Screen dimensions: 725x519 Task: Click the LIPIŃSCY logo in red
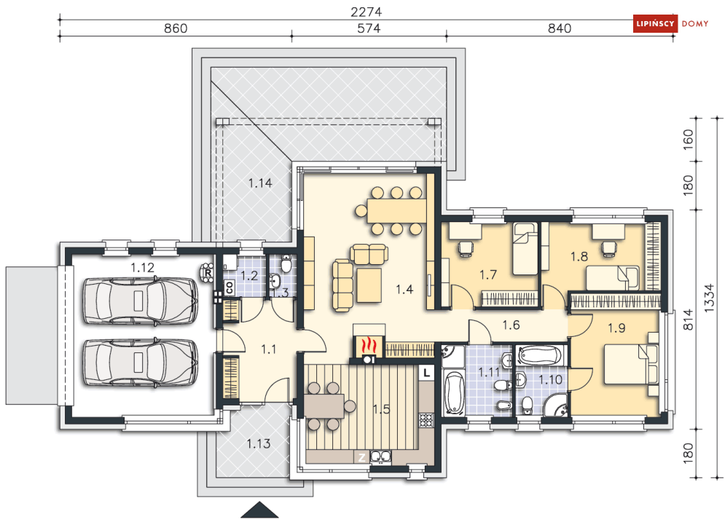[x=654, y=23]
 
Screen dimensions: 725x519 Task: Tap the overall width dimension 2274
[x=367, y=12]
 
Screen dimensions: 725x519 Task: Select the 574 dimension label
[x=369, y=28]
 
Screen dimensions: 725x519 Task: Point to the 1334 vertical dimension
[x=709, y=298]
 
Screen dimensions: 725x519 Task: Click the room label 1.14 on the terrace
[x=260, y=183]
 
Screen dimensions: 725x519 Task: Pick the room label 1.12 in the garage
[x=142, y=267]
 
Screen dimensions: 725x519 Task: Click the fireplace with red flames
[x=369, y=345]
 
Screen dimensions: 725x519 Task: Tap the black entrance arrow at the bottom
[x=259, y=510]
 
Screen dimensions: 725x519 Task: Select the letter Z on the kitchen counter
[x=361, y=457]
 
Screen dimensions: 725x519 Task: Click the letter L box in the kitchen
[x=426, y=372]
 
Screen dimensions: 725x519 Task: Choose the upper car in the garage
[x=141, y=301]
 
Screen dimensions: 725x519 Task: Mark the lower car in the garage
[x=141, y=362]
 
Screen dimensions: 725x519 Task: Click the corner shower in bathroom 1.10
[x=554, y=405]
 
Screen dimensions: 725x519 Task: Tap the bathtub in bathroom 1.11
[x=454, y=392]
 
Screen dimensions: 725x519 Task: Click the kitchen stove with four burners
[x=426, y=420]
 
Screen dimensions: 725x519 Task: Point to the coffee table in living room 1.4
[x=369, y=285]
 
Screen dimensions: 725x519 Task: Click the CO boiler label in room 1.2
[x=230, y=288]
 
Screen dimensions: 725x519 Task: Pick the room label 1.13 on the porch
[x=259, y=444]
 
